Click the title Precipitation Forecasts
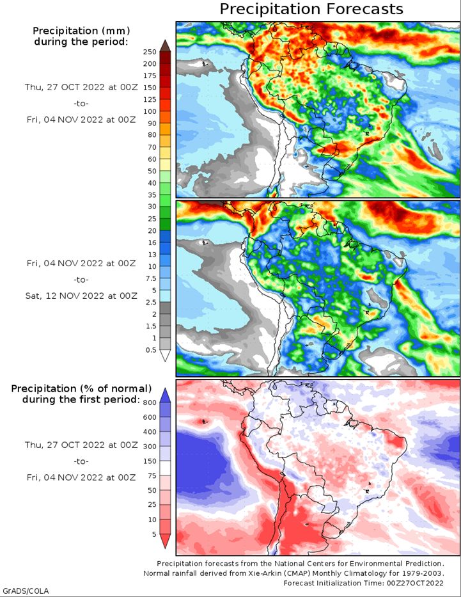[311, 9]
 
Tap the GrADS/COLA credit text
[26, 591]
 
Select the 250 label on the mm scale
[150, 52]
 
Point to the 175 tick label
[150, 76]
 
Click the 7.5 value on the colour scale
[152, 278]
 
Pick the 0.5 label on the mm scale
[152, 350]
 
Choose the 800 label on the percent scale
[150, 402]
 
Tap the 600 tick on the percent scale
[150, 417]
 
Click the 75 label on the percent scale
[152, 475]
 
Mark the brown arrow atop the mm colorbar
[165, 45]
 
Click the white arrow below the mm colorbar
[165, 356]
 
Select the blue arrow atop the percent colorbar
[165, 395]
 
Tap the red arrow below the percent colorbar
[165, 541]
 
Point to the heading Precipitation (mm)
[81, 31]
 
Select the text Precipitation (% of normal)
[81, 388]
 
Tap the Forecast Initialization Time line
[363, 583]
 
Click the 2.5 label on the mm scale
[152, 302]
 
